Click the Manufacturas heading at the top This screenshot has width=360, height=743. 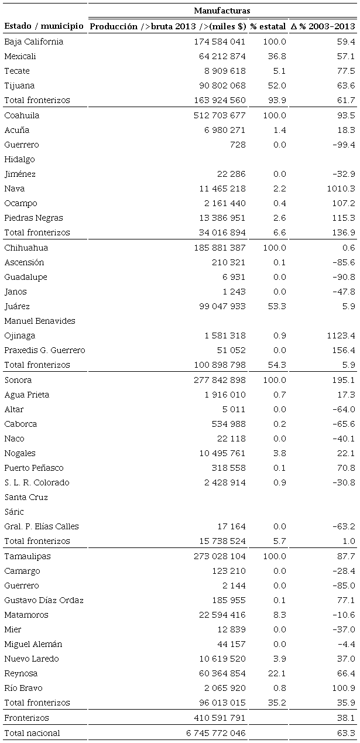(222, 10)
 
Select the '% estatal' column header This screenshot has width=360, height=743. (267, 26)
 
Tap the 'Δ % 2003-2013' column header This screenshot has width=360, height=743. (323, 26)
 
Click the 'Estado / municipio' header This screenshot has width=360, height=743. (43, 26)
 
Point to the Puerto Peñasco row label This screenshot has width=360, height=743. (34, 468)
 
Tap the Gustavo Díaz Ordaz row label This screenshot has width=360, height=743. (44, 600)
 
